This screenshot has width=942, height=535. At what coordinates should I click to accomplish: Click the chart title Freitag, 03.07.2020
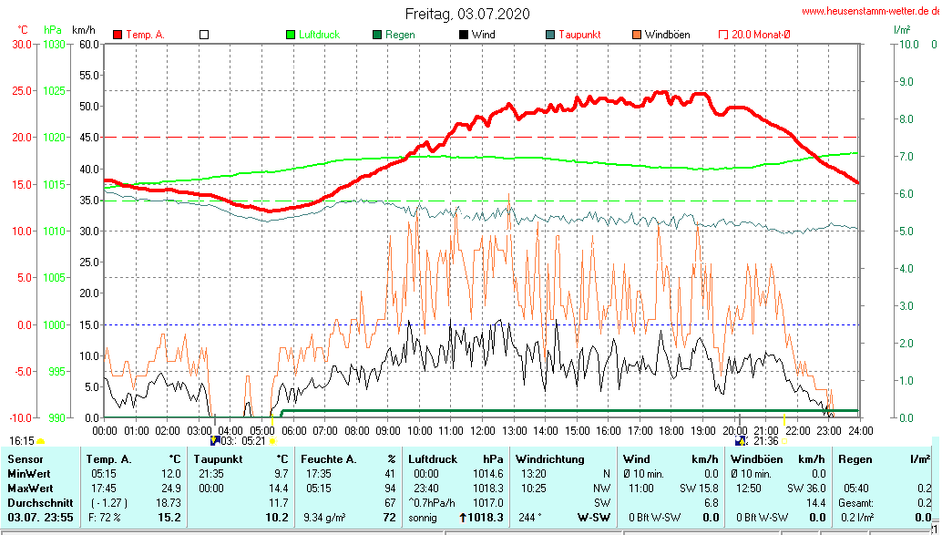click(x=466, y=14)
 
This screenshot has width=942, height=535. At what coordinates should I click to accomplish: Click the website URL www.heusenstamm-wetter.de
click(x=870, y=12)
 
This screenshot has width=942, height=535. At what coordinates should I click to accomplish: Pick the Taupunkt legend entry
click(x=579, y=35)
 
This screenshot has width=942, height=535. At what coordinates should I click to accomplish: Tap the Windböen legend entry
click(x=667, y=35)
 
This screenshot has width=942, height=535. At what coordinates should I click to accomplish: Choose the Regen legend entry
click(x=400, y=35)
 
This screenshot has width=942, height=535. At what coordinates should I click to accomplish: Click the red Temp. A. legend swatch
click(x=118, y=35)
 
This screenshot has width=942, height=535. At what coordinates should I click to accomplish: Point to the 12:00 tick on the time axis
click(x=482, y=430)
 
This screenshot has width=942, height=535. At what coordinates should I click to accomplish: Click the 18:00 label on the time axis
click(x=671, y=430)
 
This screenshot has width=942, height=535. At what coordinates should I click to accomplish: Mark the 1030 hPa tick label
click(x=54, y=44)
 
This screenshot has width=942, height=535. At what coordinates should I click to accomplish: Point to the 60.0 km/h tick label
click(x=88, y=44)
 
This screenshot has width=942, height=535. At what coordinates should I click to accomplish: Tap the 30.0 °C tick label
click(x=20, y=44)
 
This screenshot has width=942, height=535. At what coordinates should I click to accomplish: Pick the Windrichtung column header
click(x=550, y=458)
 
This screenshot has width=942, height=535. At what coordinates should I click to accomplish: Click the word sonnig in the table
click(x=423, y=517)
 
